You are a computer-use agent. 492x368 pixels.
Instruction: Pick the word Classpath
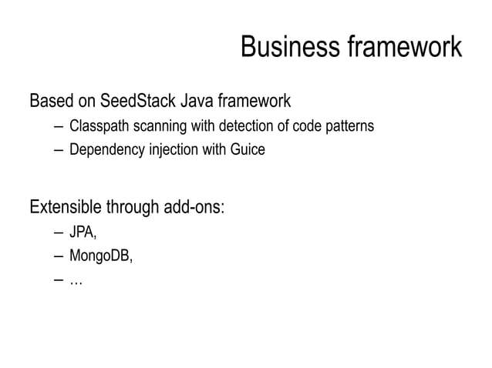click(x=97, y=126)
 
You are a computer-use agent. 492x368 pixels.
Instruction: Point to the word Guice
click(x=247, y=150)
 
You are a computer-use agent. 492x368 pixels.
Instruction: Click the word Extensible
click(x=65, y=208)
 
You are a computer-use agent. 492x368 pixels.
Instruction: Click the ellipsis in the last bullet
click(x=76, y=283)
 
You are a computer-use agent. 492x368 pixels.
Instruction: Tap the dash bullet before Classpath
click(x=59, y=126)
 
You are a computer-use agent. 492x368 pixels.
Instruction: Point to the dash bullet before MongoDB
click(x=59, y=257)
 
